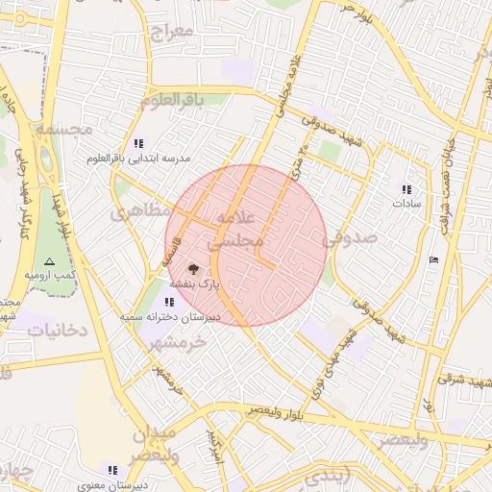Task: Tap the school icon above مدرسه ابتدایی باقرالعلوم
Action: pyautogui.click(x=139, y=143)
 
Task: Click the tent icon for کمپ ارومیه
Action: pyautogui.click(x=50, y=261)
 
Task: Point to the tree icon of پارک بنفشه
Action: pyautogui.click(x=193, y=270)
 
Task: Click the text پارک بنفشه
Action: pyautogui.click(x=195, y=285)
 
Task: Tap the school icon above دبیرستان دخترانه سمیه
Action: pyautogui.click(x=170, y=302)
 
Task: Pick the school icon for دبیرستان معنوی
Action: pyautogui.click(x=112, y=470)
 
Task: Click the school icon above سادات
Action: pyautogui.click(x=406, y=189)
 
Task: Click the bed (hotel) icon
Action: pyautogui.click(x=433, y=259)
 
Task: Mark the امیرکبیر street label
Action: pyautogui.click(x=214, y=444)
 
